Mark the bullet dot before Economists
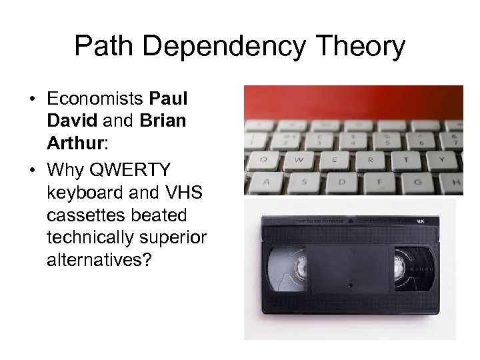[32, 100]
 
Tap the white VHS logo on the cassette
[421, 221]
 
